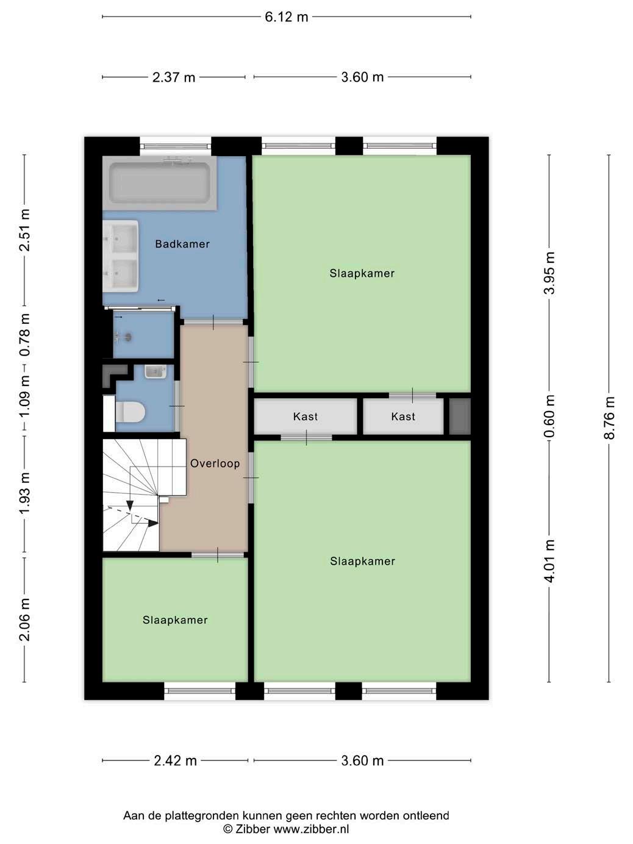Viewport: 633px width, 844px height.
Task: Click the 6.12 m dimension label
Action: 287,17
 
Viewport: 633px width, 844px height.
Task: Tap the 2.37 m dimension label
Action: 174,77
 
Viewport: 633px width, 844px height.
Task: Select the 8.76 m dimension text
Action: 609,418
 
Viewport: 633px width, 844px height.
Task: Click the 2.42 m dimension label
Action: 175,760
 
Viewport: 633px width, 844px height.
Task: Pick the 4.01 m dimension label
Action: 549,562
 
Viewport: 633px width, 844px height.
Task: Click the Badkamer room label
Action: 182,244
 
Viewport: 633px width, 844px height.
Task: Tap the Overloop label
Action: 215,463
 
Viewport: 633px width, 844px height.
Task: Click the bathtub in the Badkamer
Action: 160,183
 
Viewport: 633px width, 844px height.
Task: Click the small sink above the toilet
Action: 156,372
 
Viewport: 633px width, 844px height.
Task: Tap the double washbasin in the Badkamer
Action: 120,256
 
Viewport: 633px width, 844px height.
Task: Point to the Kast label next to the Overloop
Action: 305,417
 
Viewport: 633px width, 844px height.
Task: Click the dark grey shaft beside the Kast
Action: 460,417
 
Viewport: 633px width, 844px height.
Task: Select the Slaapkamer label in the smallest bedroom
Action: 175,620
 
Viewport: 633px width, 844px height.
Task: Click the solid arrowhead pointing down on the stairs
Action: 130,506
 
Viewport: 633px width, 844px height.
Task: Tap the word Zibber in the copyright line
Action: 252,829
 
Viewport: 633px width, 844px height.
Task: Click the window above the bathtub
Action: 175,146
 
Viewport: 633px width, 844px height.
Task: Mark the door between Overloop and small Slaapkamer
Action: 218,555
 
